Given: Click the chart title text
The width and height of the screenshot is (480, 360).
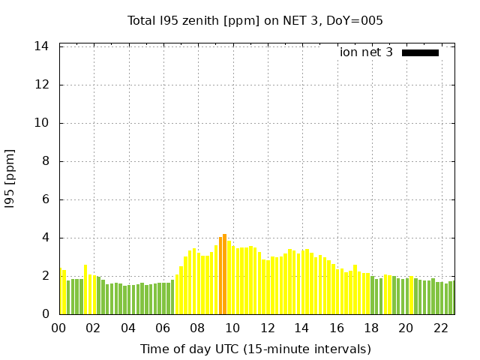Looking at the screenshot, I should (x=255, y=21).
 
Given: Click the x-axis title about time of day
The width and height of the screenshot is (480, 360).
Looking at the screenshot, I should (x=255, y=349).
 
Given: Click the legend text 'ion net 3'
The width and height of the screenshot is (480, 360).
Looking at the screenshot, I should (x=366, y=52).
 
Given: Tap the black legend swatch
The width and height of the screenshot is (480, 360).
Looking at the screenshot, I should (x=420, y=52).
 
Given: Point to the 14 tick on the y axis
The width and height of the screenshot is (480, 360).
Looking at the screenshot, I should (x=43, y=46).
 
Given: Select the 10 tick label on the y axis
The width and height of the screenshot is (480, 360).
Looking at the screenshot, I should (x=43, y=123).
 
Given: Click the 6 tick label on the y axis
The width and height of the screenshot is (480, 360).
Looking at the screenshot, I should (x=46, y=199).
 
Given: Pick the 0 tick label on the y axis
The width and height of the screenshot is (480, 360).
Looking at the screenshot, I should (x=46, y=314).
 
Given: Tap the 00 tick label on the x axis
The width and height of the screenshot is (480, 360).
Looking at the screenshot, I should (x=58, y=328).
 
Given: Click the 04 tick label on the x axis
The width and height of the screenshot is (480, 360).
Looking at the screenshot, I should (x=128, y=328).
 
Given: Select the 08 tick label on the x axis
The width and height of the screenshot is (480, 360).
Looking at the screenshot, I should (x=197, y=328).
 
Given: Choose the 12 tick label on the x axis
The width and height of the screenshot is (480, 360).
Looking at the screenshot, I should (x=267, y=328).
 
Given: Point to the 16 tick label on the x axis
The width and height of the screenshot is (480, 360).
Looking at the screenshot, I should (x=336, y=328).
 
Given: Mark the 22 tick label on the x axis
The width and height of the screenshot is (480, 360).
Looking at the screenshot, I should (x=439, y=328).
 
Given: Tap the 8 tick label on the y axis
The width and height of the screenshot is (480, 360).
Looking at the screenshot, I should (x=46, y=161).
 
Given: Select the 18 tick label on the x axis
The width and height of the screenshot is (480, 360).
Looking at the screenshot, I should (x=370, y=328).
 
